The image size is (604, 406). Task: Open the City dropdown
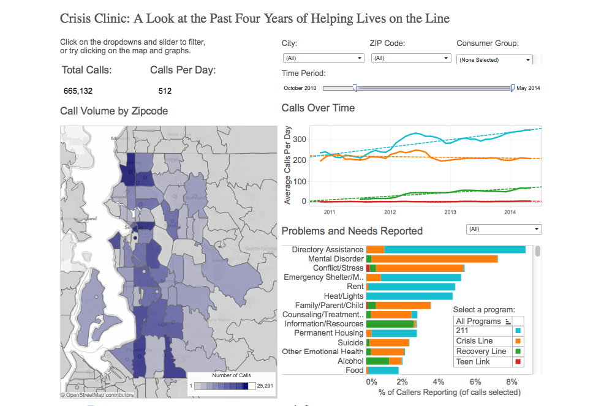323,58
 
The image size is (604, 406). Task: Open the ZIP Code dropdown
410,58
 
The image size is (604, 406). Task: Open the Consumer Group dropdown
495,59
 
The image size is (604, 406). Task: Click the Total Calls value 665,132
78,91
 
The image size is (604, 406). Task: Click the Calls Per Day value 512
165,91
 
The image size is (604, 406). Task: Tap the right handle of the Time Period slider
513,88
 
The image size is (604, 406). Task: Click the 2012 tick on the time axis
390,212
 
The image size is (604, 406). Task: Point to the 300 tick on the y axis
299,140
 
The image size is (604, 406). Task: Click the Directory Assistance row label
327,250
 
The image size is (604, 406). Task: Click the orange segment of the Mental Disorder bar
434,259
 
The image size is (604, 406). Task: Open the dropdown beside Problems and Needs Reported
504,229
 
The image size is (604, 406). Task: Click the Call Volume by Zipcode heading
114,111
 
